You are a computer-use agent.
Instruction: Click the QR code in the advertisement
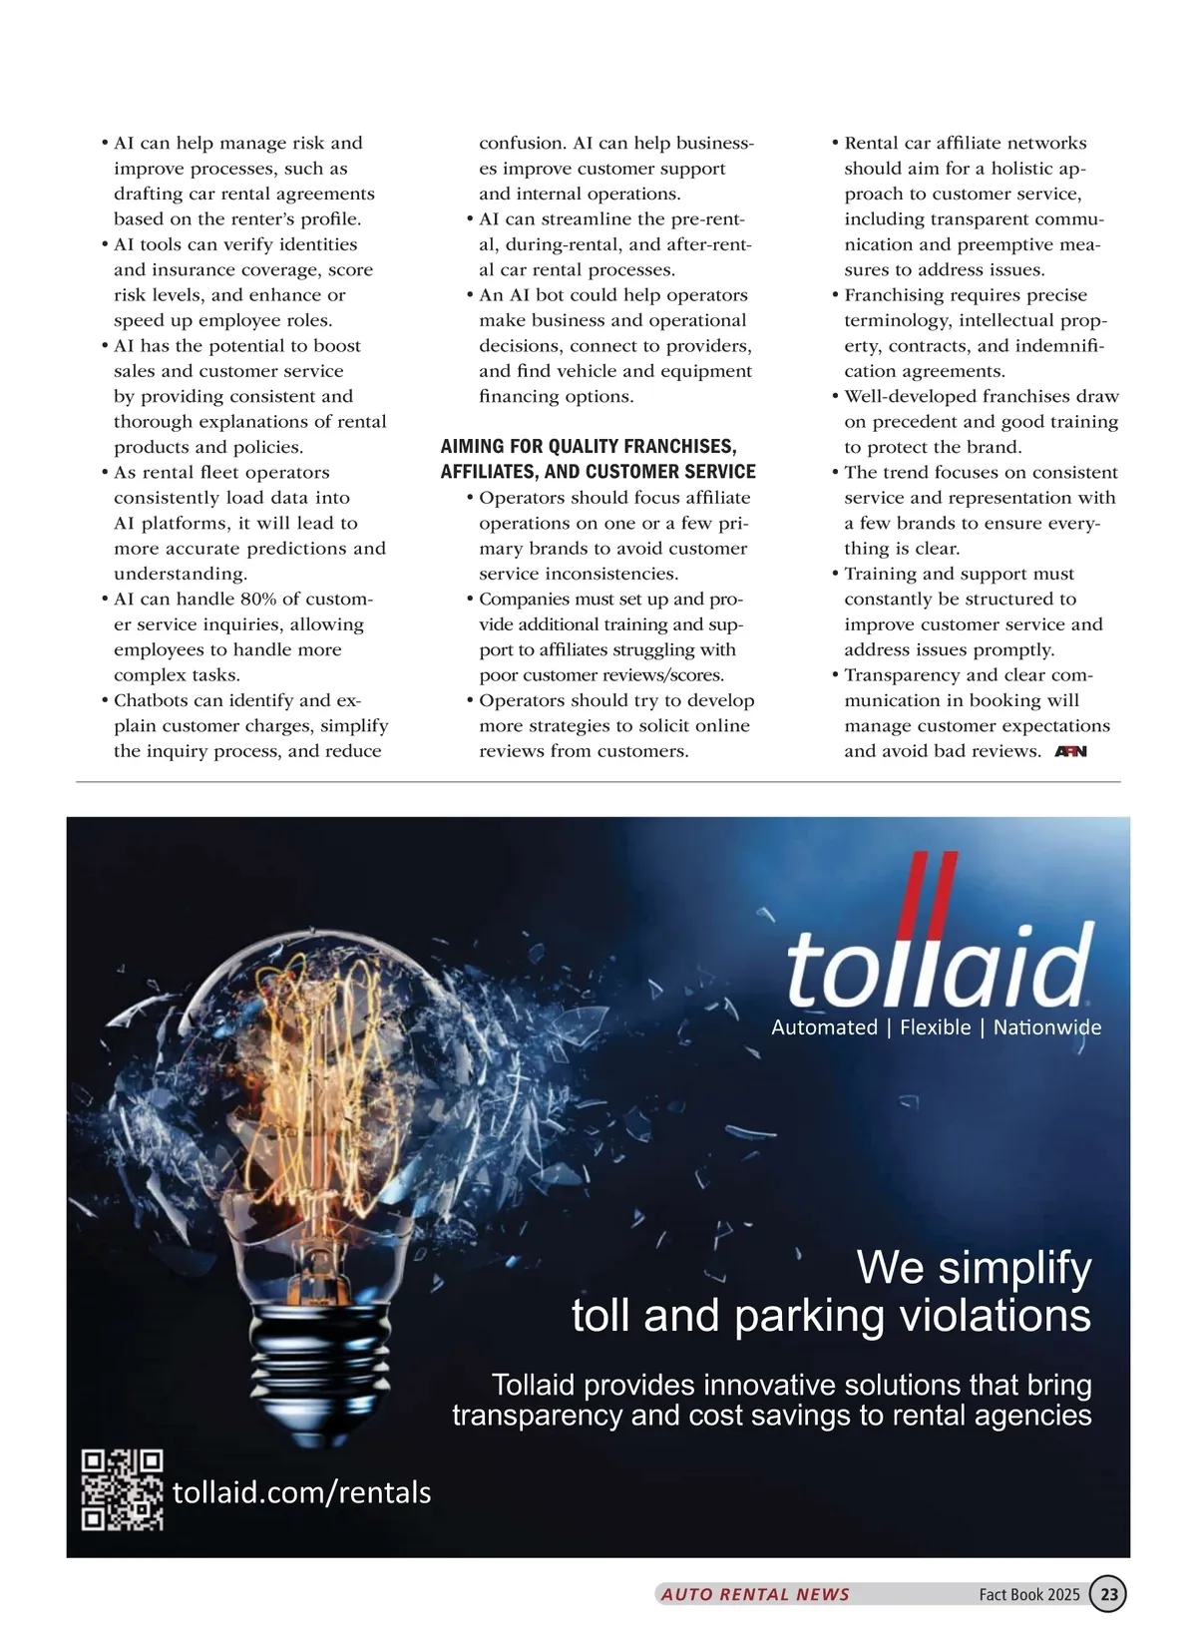[x=122, y=1489]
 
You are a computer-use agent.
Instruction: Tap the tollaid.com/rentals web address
[x=301, y=1492]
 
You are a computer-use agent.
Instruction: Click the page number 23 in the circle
[x=1108, y=1593]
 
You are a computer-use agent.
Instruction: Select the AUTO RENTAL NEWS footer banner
[x=755, y=1594]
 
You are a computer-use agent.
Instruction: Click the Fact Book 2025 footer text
[x=1028, y=1594]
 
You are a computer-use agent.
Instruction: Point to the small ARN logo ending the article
[x=1070, y=751]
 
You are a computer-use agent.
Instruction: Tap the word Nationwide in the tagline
[x=1046, y=1027]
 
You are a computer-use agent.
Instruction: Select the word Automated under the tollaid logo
[x=824, y=1027]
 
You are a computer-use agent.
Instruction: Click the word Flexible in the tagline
[x=935, y=1027]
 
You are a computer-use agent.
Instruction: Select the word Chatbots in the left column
[x=151, y=700]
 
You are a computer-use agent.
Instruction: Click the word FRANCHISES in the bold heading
[x=677, y=446]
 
